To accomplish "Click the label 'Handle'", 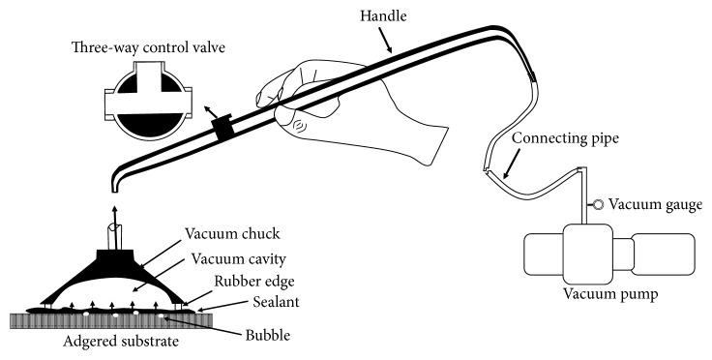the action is pyautogui.click(x=383, y=16).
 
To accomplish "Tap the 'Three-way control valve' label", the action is pyautogui.click(x=148, y=47).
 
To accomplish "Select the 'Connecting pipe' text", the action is pyautogui.click(x=565, y=138).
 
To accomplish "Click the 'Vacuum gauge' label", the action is pyautogui.click(x=655, y=205).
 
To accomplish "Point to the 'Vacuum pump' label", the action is pyautogui.click(x=610, y=294).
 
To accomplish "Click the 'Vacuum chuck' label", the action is pyautogui.click(x=232, y=234).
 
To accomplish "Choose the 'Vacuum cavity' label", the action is pyautogui.click(x=238, y=259).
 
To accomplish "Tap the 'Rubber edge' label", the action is pyautogui.click(x=254, y=282).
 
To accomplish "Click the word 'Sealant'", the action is pyautogui.click(x=276, y=302).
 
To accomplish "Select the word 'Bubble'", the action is pyautogui.click(x=267, y=336).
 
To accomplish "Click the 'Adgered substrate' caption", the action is pyautogui.click(x=121, y=342).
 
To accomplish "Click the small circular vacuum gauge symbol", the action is pyautogui.click(x=598, y=205).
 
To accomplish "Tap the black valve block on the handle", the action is pyautogui.click(x=223, y=127).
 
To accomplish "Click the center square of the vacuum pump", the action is pyautogui.click(x=588, y=255).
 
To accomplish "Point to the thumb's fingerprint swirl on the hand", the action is pyautogui.click(x=300, y=125).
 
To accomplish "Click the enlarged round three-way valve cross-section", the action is pyautogui.click(x=148, y=101).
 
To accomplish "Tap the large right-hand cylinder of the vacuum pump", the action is pyautogui.click(x=663, y=255).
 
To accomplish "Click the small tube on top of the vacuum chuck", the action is pyautogui.click(x=114, y=236).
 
